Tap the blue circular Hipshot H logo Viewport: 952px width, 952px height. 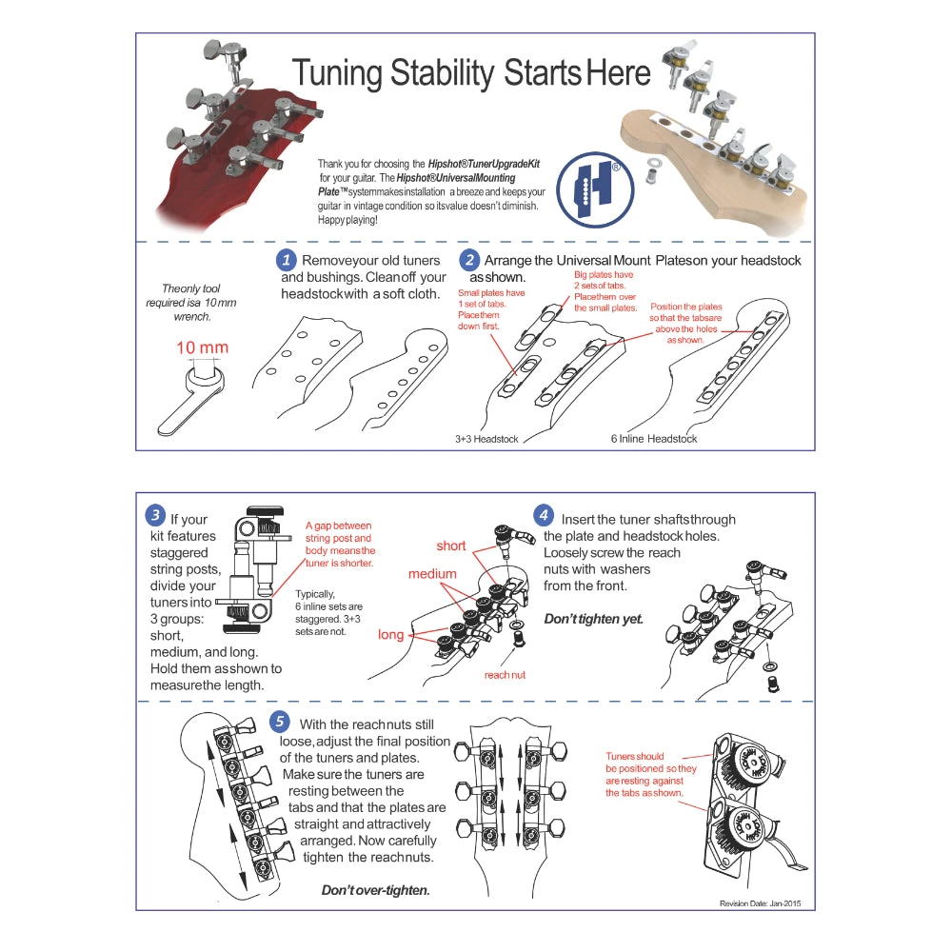[595, 189]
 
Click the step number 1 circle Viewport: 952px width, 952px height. [286, 260]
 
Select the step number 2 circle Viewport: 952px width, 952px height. [469, 260]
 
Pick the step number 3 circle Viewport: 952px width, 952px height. [155, 516]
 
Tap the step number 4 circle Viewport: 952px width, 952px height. [543, 516]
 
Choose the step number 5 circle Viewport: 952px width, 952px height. [280, 721]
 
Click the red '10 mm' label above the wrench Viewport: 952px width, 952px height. [202, 347]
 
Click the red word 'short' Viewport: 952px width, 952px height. [451, 545]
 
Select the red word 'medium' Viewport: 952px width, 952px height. [432, 574]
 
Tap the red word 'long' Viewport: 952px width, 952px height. [390, 634]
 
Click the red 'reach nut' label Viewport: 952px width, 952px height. [505, 674]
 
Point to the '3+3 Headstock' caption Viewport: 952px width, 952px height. [487, 439]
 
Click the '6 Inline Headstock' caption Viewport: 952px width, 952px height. [654, 439]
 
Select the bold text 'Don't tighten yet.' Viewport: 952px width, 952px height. [593, 619]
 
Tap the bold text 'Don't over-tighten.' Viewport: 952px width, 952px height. [375, 890]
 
